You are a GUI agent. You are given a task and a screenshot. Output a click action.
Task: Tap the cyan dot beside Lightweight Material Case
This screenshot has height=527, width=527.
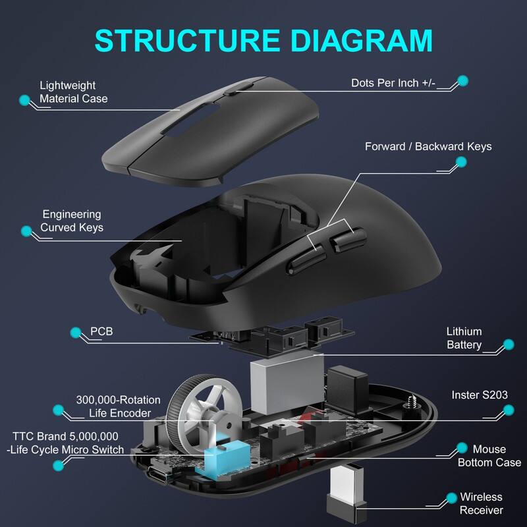25,101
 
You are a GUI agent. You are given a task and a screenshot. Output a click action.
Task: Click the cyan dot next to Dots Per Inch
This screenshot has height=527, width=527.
462,80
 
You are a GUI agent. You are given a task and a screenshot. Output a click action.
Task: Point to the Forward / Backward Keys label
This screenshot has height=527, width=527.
428,146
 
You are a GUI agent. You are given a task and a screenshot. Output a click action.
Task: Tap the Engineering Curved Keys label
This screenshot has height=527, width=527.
72,221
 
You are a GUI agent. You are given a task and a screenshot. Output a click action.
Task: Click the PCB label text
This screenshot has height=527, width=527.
101,331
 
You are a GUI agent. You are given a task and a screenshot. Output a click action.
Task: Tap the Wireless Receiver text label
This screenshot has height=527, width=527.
481,503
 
